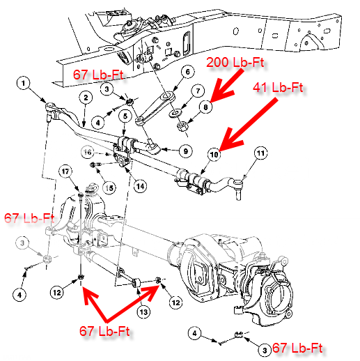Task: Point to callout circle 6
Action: coord(186,71)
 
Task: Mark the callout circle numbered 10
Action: coord(213,152)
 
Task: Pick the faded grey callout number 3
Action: coord(24,242)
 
